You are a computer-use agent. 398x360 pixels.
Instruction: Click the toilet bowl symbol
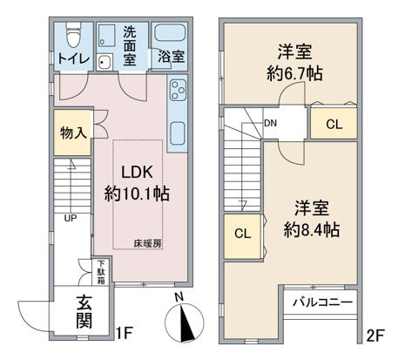point(73,35)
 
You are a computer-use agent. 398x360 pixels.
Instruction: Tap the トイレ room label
point(73,58)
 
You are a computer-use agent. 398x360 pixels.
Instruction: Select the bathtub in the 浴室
point(170,33)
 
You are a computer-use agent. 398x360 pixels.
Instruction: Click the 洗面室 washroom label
point(130,46)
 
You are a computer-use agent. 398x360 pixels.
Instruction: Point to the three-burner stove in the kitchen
point(178,90)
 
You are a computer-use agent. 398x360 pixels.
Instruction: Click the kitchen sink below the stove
point(178,133)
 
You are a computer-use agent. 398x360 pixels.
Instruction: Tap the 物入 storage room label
point(73,132)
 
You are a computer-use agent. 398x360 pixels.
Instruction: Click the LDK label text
point(137,173)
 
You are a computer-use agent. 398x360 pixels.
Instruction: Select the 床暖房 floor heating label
point(147,244)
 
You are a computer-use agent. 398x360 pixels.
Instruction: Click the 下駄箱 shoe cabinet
point(100,272)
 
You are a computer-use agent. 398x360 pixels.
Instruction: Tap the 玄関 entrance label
point(84,312)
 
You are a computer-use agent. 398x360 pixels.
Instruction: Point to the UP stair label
point(71,218)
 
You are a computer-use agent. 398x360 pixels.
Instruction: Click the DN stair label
point(270,123)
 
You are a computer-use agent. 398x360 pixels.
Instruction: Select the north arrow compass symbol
point(185,323)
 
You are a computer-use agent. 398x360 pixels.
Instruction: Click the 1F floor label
point(125,333)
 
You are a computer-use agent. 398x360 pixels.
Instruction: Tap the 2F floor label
point(375,336)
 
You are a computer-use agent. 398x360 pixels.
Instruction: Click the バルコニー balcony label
point(322,302)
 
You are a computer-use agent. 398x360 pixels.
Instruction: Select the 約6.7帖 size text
point(294,74)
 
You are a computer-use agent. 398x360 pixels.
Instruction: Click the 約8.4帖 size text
point(312,230)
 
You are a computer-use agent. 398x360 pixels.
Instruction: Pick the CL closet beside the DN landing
point(334,123)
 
